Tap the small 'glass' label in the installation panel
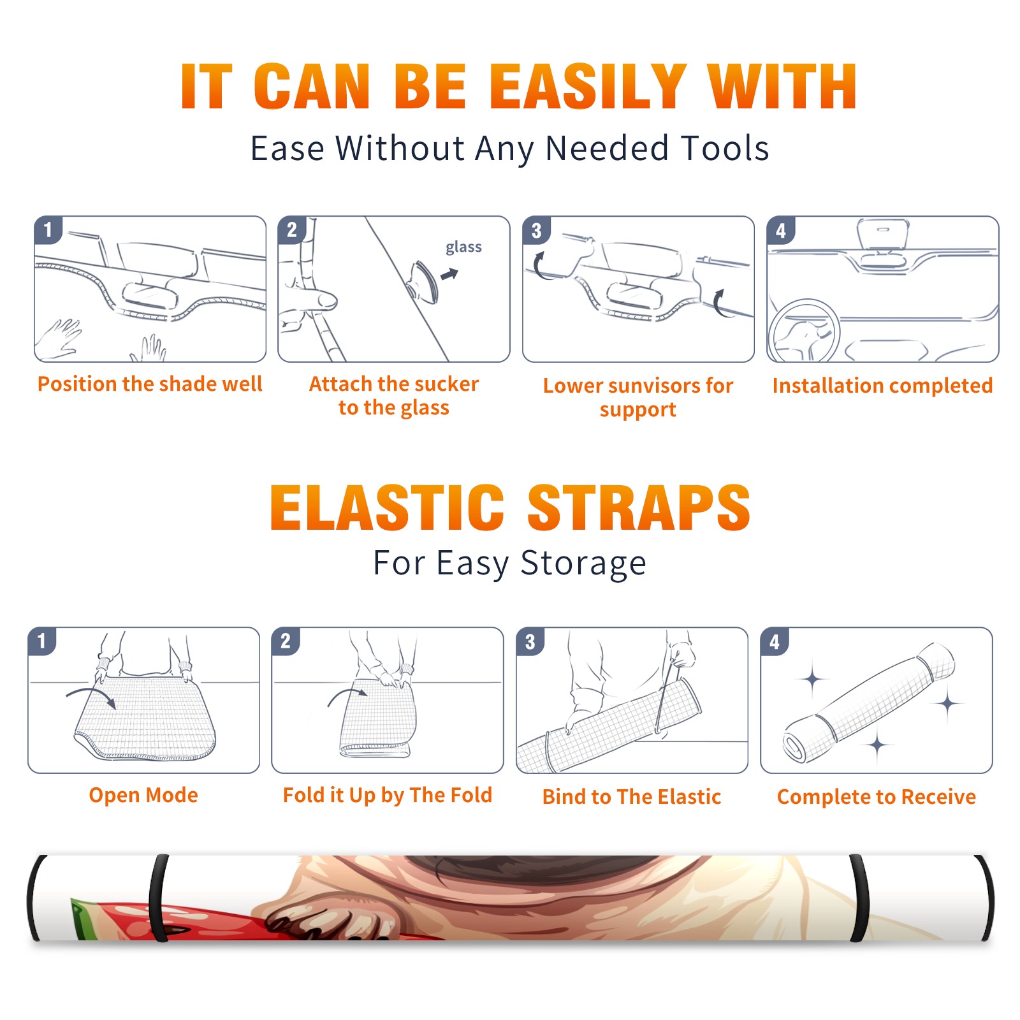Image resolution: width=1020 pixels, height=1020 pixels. tap(463, 247)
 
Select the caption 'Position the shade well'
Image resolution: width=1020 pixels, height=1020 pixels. tap(150, 384)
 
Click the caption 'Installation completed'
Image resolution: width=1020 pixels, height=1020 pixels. tap(882, 386)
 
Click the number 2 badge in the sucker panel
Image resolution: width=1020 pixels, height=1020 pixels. tap(292, 229)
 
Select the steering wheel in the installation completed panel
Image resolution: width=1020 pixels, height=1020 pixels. tap(804, 331)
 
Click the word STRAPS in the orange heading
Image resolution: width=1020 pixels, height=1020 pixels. tap(639, 507)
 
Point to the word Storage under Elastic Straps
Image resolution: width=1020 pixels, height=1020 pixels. tap(583, 564)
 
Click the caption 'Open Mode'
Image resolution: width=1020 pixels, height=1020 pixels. tap(143, 795)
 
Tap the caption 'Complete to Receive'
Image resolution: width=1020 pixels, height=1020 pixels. tap(877, 797)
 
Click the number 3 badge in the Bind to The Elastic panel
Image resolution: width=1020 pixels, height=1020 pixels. tap(530, 641)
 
